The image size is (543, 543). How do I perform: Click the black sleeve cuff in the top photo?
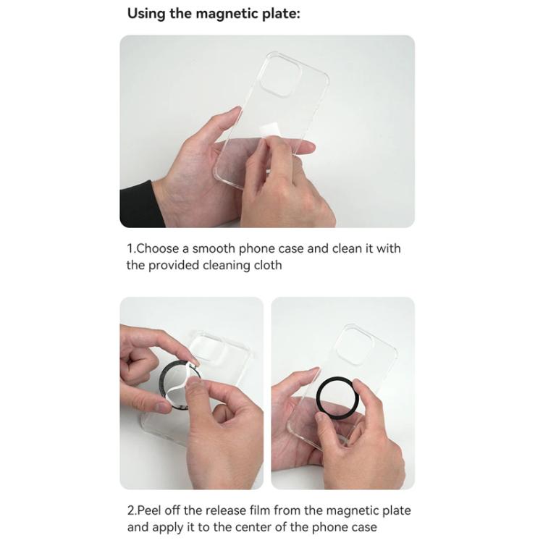click(x=135, y=204)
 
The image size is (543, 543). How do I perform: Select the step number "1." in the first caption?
click(x=131, y=248)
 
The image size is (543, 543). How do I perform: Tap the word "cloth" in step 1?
click(x=267, y=265)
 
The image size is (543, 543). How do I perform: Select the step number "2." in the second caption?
click(x=132, y=510)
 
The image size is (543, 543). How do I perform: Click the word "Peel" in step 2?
click(x=151, y=510)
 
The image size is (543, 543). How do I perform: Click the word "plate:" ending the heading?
click(x=279, y=14)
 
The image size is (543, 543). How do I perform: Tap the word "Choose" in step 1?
click(x=159, y=248)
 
